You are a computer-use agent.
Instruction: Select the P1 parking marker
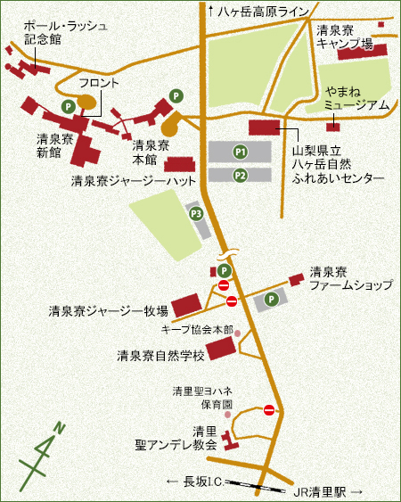(240, 152)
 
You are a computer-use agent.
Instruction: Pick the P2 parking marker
(240, 175)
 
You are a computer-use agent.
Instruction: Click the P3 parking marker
(195, 213)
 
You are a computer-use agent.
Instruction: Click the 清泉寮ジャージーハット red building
(178, 164)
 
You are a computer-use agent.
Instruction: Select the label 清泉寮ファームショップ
(350, 278)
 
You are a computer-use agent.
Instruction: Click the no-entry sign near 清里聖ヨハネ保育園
(270, 409)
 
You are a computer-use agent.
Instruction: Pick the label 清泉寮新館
(49, 145)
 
